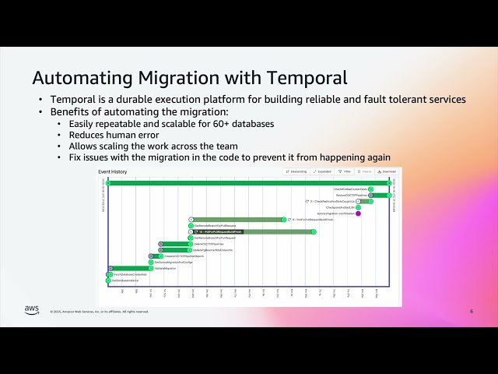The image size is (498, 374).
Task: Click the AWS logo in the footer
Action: pyautogui.click(x=31, y=310)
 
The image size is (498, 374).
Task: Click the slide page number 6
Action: pyautogui.click(x=471, y=311)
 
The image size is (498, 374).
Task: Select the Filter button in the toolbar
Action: pyautogui.click(x=345, y=171)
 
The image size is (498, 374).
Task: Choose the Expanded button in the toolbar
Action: pyautogui.click(x=321, y=171)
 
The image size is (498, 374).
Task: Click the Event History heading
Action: pyautogui.click(x=112, y=171)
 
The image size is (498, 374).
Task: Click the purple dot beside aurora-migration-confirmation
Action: pyautogui.click(x=358, y=213)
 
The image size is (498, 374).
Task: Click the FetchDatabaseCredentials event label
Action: pyautogui.click(x=129, y=274)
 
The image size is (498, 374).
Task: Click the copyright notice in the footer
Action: pyautogui.click(x=100, y=311)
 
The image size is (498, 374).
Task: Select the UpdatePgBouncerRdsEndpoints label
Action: pyautogui.click(x=188, y=250)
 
